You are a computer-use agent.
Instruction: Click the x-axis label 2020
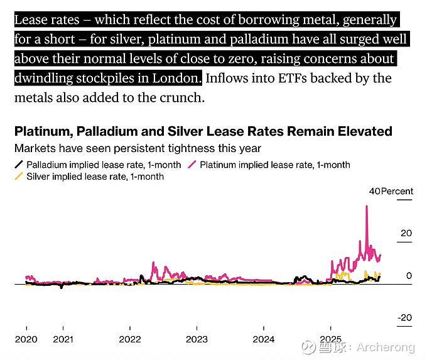(x=26, y=339)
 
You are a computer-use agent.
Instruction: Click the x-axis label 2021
(x=63, y=339)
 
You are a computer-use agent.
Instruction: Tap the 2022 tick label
(x=130, y=339)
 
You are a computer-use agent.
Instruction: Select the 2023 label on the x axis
(x=197, y=339)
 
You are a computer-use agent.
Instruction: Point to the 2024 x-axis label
(x=264, y=339)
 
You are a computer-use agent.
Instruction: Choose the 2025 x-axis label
(x=331, y=339)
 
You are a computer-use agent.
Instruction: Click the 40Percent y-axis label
(x=391, y=191)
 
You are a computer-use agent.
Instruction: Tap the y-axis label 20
(x=406, y=234)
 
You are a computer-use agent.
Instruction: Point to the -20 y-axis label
(x=404, y=318)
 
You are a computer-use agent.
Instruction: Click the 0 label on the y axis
(x=409, y=276)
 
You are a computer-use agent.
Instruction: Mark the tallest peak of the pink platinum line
(x=366, y=207)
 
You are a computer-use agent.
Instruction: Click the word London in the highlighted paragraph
(x=180, y=79)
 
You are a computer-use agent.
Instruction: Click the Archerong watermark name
(x=386, y=347)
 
